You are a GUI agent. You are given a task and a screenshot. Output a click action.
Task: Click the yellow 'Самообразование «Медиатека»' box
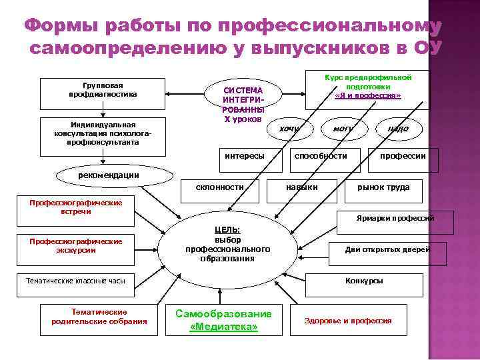(x=223, y=321)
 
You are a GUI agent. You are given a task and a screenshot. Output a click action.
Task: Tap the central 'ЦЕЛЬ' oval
(x=227, y=244)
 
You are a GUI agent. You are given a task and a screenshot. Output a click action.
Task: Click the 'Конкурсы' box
(x=365, y=281)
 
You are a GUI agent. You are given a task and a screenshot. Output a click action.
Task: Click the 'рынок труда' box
(x=383, y=188)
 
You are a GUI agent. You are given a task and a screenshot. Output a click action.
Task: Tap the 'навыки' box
(x=301, y=188)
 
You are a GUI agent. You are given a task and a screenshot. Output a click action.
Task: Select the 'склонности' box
(x=220, y=188)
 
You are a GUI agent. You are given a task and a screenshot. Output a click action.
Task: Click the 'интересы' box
(x=244, y=156)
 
